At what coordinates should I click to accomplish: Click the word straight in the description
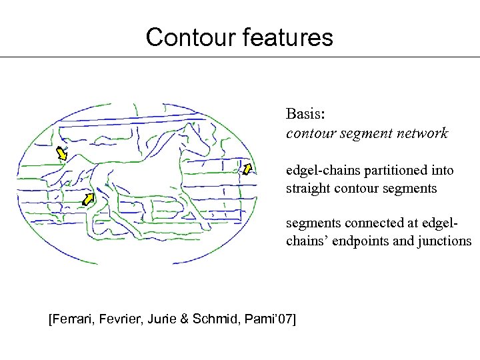tap(309, 189)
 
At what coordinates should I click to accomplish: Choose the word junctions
tap(442, 241)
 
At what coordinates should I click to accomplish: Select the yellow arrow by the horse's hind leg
tap(87, 199)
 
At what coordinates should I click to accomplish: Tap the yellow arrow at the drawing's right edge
tap(247, 169)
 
